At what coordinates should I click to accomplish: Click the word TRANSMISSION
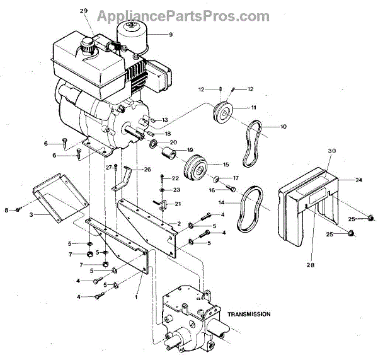[x=249, y=313]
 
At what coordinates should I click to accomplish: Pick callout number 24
[x=358, y=180]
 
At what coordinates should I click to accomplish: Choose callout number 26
[x=147, y=169]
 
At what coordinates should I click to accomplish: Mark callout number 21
[x=178, y=204]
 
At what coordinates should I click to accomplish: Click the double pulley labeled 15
[x=194, y=168]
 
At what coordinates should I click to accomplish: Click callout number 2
[x=178, y=224]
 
